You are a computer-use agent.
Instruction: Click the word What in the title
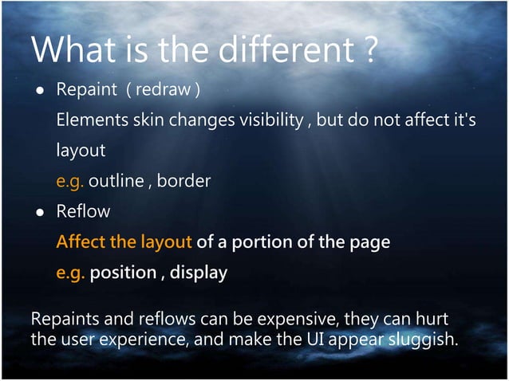pyautogui.click(x=69, y=52)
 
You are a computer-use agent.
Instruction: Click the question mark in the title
pyautogui.click(x=369, y=53)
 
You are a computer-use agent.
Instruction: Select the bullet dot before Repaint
pyautogui.click(x=38, y=89)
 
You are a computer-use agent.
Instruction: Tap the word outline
pyautogui.click(x=115, y=181)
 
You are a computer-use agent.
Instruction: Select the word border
pyautogui.click(x=183, y=181)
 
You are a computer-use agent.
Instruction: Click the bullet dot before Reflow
pyautogui.click(x=38, y=212)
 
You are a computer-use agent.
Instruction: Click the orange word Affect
pyautogui.click(x=80, y=242)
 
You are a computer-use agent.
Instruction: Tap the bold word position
pyautogui.click(x=123, y=273)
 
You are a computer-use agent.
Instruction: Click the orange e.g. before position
pyautogui.click(x=70, y=273)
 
